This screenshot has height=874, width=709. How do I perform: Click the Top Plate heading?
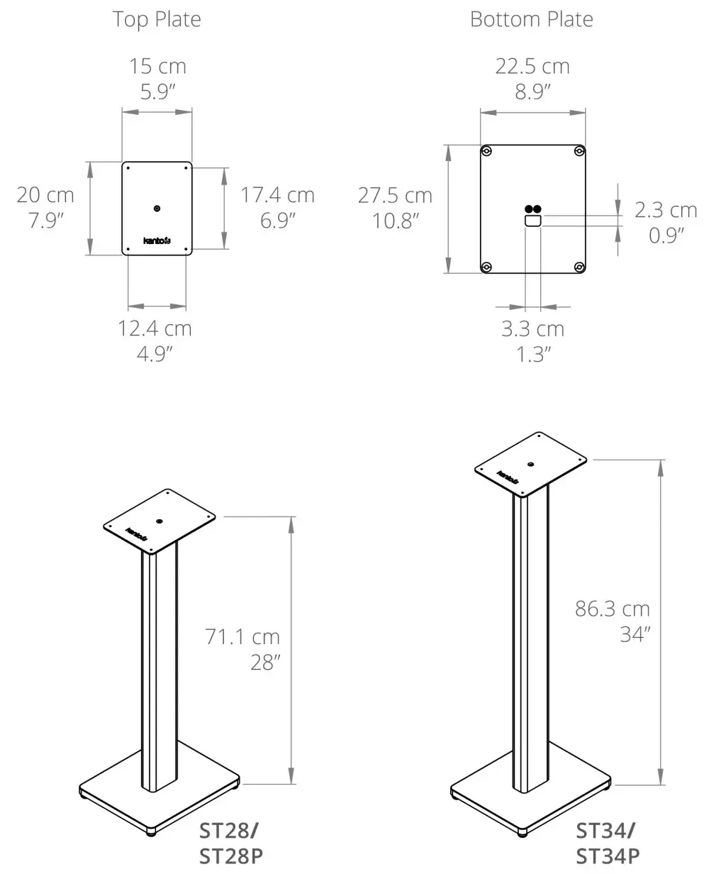coord(157,19)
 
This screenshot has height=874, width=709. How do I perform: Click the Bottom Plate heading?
coord(532,19)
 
